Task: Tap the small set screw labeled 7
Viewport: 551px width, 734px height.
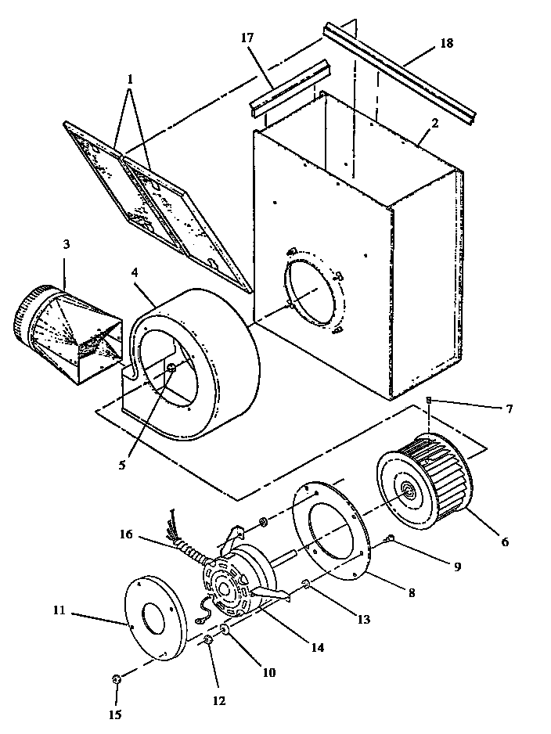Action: coord(429,401)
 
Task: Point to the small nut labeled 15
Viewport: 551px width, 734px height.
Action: coord(115,679)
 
